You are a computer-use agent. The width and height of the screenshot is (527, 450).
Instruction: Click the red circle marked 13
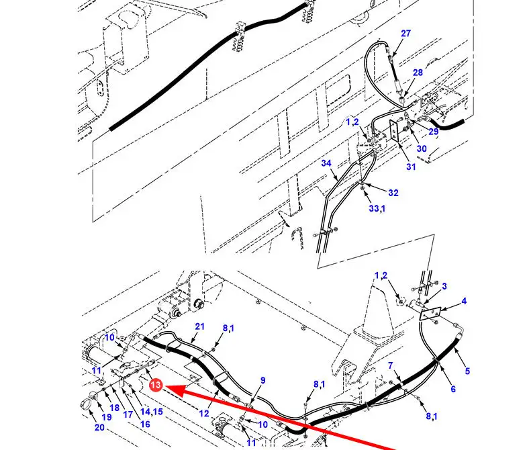click(156, 385)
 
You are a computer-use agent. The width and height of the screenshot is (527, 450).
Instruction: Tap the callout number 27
click(405, 34)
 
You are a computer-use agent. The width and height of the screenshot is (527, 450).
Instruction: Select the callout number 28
click(418, 73)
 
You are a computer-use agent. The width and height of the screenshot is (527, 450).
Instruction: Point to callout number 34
click(326, 163)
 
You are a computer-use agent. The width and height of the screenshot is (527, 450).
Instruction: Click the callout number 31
click(411, 167)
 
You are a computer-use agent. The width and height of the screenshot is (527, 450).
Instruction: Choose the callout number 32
click(393, 193)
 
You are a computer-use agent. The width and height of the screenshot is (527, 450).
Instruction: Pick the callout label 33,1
click(377, 208)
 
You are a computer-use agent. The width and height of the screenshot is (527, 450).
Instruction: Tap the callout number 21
click(199, 326)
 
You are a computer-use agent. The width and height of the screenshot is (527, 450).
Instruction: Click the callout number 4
click(464, 301)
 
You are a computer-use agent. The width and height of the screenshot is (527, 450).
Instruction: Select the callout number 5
click(467, 371)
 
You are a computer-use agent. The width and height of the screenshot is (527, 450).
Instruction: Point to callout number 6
click(453, 389)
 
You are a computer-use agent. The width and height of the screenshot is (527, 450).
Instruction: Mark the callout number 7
click(390, 365)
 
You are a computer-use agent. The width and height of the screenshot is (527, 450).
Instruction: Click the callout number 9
click(262, 380)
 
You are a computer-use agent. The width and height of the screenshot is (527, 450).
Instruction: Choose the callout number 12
click(204, 413)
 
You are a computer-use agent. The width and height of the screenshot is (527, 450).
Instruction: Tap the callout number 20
click(99, 427)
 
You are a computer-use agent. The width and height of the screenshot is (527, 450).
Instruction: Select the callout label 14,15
click(152, 411)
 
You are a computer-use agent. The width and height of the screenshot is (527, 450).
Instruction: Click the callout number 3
click(444, 286)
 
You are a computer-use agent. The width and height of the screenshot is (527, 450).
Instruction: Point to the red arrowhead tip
click(164, 387)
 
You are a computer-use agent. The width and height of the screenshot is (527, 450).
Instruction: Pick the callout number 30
click(422, 148)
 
